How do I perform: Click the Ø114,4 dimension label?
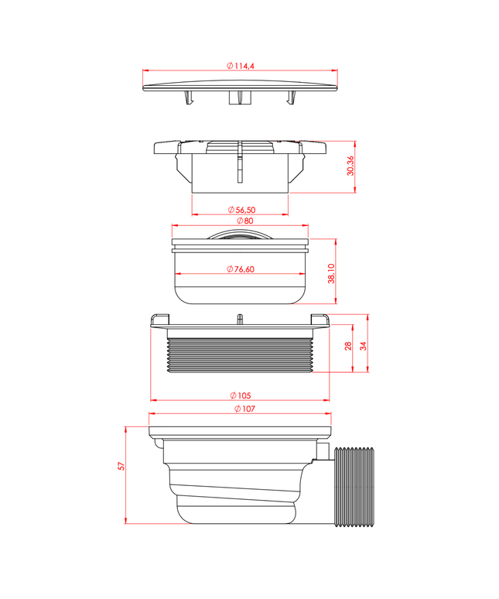(x=241, y=66)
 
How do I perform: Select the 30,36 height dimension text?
(x=350, y=166)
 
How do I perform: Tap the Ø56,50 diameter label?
(x=241, y=210)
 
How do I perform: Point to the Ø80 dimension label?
(x=244, y=221)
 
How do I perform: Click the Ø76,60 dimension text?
(x=241, y=269)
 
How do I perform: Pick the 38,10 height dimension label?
(x=331, y=273)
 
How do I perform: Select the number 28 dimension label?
(x=348, y=347)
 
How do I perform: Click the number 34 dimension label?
(x=363, y=346)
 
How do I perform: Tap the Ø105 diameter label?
(x=241, y=395)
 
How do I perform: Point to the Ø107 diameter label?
(x=244, y=409)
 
